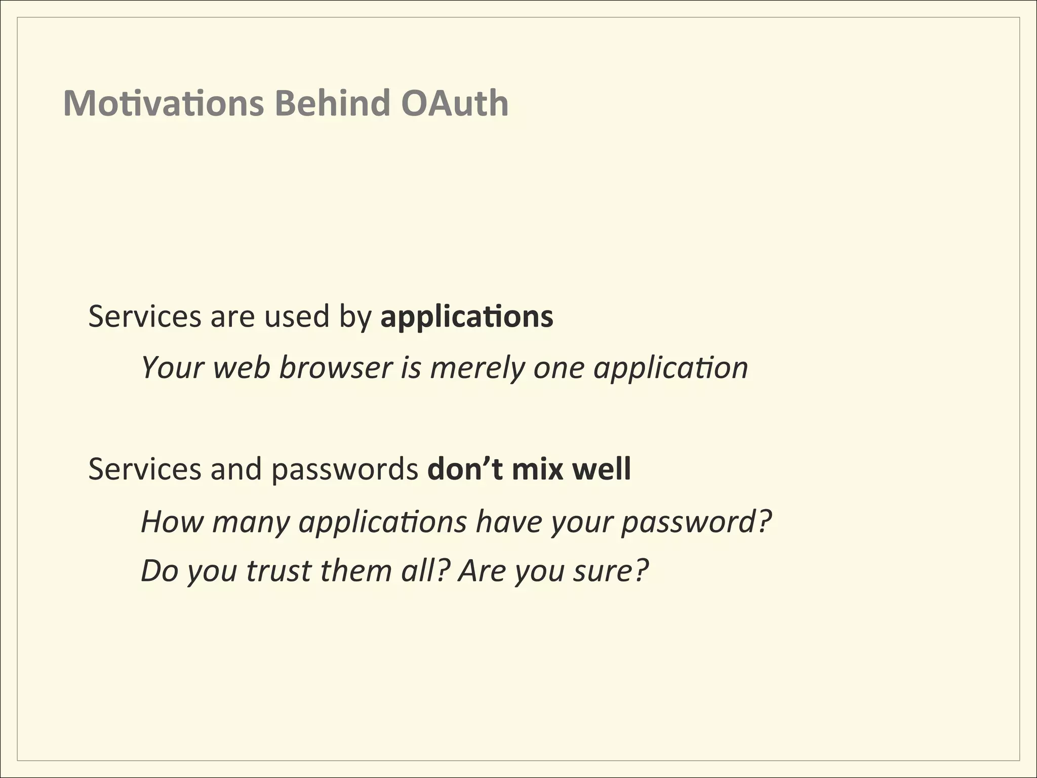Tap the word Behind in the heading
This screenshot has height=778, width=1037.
[x=332, y=103]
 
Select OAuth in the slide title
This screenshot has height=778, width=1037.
[x=454, y=103]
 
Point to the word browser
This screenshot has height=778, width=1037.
[x=336, y=367]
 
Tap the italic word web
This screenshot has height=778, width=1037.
[x=242, y=367]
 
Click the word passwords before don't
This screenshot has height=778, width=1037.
[x=345, y=470]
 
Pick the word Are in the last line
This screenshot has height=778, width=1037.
[x=482, y=571]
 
